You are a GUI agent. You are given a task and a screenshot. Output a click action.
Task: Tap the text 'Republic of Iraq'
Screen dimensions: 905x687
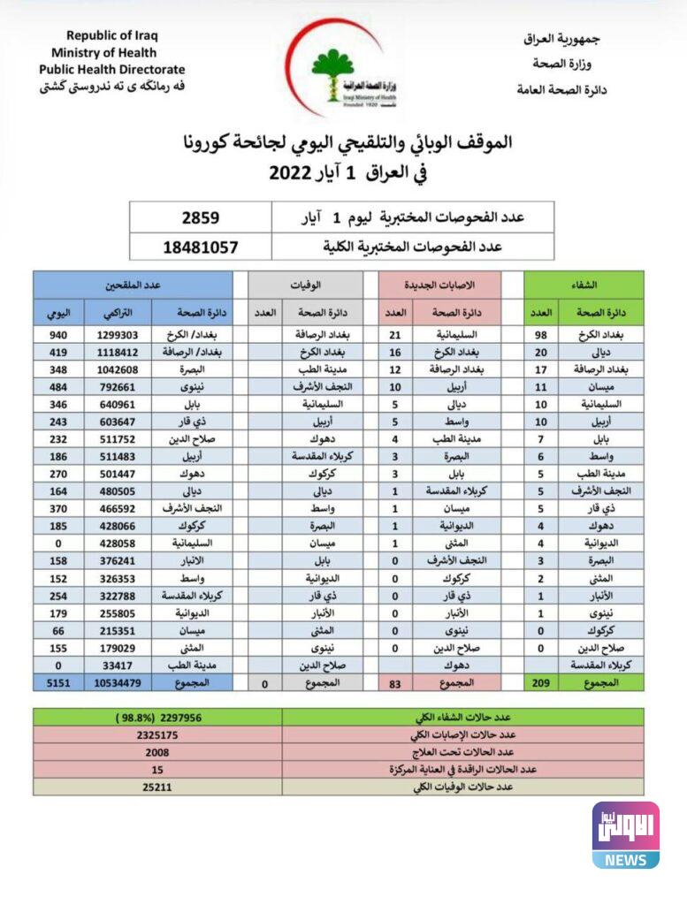[x=112, y=36]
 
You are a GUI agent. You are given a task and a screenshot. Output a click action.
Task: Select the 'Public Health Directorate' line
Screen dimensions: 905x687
[x=112, y=70]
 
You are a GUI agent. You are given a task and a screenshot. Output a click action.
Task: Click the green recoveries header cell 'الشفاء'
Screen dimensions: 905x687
[x=584, y=285]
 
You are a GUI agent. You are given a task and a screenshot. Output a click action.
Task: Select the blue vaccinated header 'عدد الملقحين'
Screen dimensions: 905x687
[x=133, y=285]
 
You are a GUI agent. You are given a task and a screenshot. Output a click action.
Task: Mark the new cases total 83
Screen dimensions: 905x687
[x=395, y=683]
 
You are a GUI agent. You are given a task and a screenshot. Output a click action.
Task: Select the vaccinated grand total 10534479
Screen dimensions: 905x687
[x=118, y=683]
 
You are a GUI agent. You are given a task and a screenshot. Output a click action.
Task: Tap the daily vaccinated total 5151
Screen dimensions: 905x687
[x=58, y=683]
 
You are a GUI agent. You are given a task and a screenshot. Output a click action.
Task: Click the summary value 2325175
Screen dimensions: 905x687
[x=157, y=734]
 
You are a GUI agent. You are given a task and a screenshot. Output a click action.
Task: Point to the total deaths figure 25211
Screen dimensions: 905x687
[x=157, y=787]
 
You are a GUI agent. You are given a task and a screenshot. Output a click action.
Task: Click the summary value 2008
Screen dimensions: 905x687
[x=157, y=752]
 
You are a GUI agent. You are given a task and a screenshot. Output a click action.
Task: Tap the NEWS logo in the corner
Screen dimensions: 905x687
[x=625, y=835]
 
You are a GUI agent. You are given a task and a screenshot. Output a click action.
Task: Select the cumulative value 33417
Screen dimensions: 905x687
[x=118, y=665]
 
